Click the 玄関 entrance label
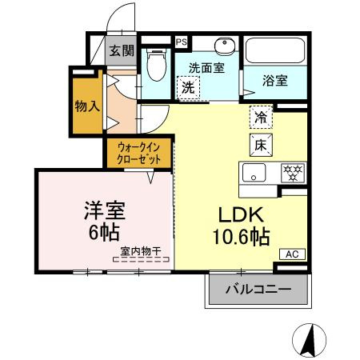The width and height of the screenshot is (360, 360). (x=122, y=50)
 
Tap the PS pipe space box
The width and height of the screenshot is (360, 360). (x=182, y=42)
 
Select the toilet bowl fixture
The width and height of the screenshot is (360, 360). (x=157, y=65)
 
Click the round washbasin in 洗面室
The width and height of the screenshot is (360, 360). (x=225, y=46)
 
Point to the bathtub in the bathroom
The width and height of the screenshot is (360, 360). (x=274, y=50)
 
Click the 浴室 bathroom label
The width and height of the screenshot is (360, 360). (x=274, y=81)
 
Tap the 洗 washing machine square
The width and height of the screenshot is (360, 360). (x=188, y=88)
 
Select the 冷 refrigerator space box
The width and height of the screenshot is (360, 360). (x=261, y=117)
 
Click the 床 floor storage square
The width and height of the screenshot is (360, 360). (x=261, y=145)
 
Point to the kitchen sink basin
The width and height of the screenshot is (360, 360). (x=254, y=173)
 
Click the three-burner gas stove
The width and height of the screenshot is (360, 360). (x=293, y=173)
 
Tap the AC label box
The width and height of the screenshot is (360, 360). (x=292, y=254)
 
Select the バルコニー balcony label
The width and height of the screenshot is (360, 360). (x=258, y=290)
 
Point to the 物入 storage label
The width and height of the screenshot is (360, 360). (x=87, y=106)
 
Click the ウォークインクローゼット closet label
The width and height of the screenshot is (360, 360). (x=139, y=153)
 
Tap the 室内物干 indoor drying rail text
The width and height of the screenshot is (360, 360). (x=141, y=251)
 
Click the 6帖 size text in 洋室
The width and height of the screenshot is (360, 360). (x=104, y=232)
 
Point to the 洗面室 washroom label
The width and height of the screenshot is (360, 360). (x=206, y=68)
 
